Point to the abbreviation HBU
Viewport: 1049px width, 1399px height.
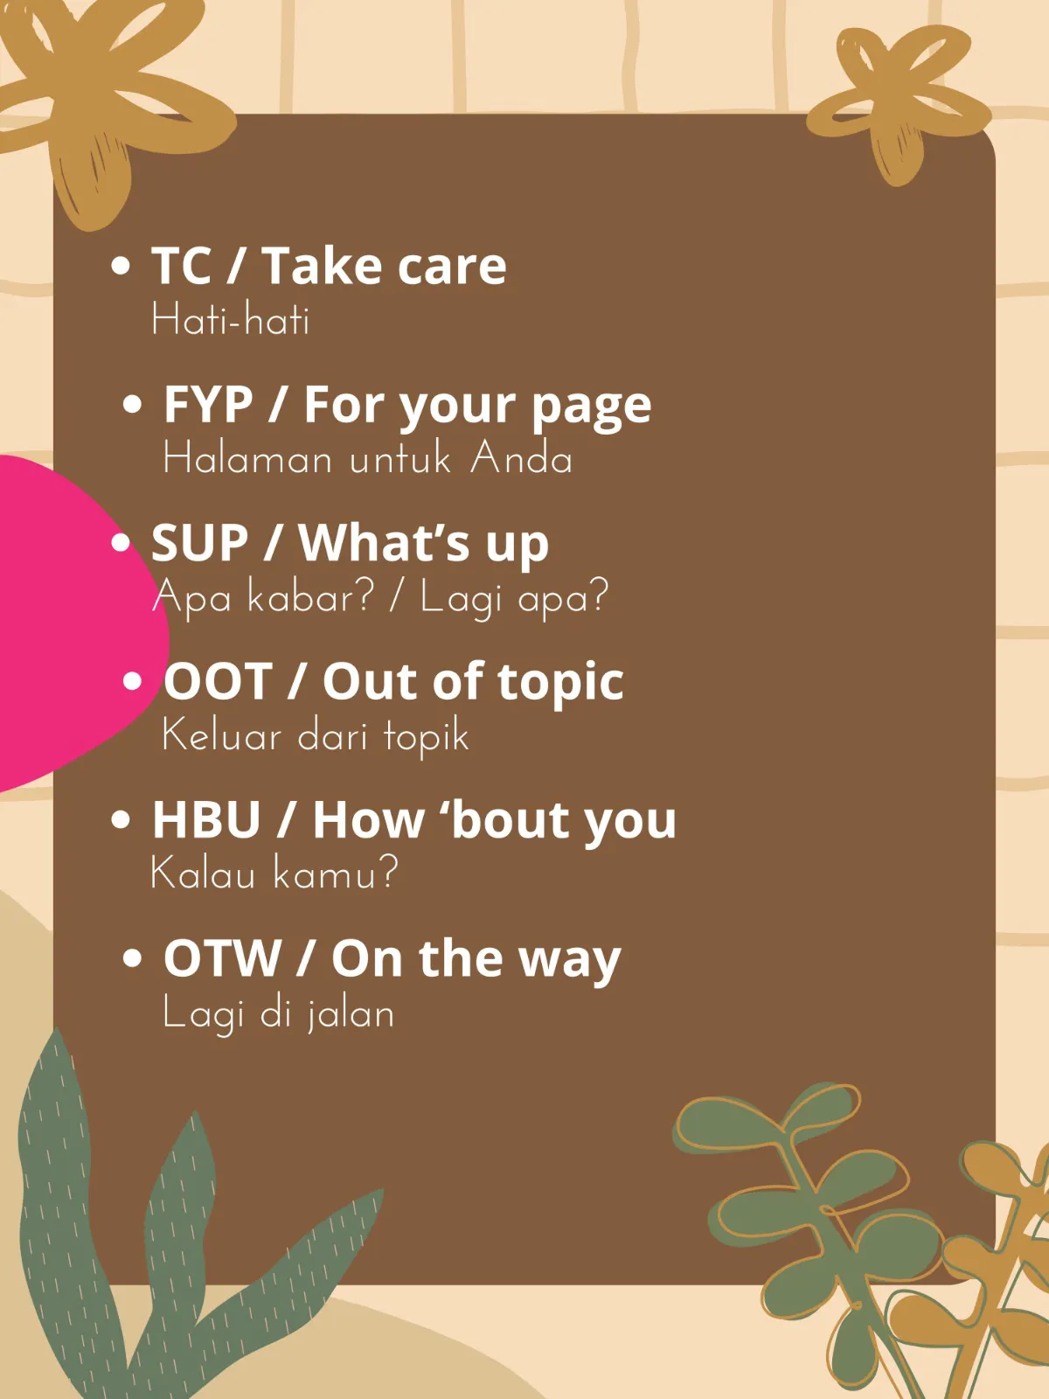coord(206,819)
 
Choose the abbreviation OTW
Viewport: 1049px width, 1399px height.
coord(222,958)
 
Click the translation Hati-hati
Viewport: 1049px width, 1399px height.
coord(231,319)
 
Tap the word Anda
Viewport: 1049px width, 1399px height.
coord(521,458)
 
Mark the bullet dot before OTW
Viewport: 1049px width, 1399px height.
coord(132,958)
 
